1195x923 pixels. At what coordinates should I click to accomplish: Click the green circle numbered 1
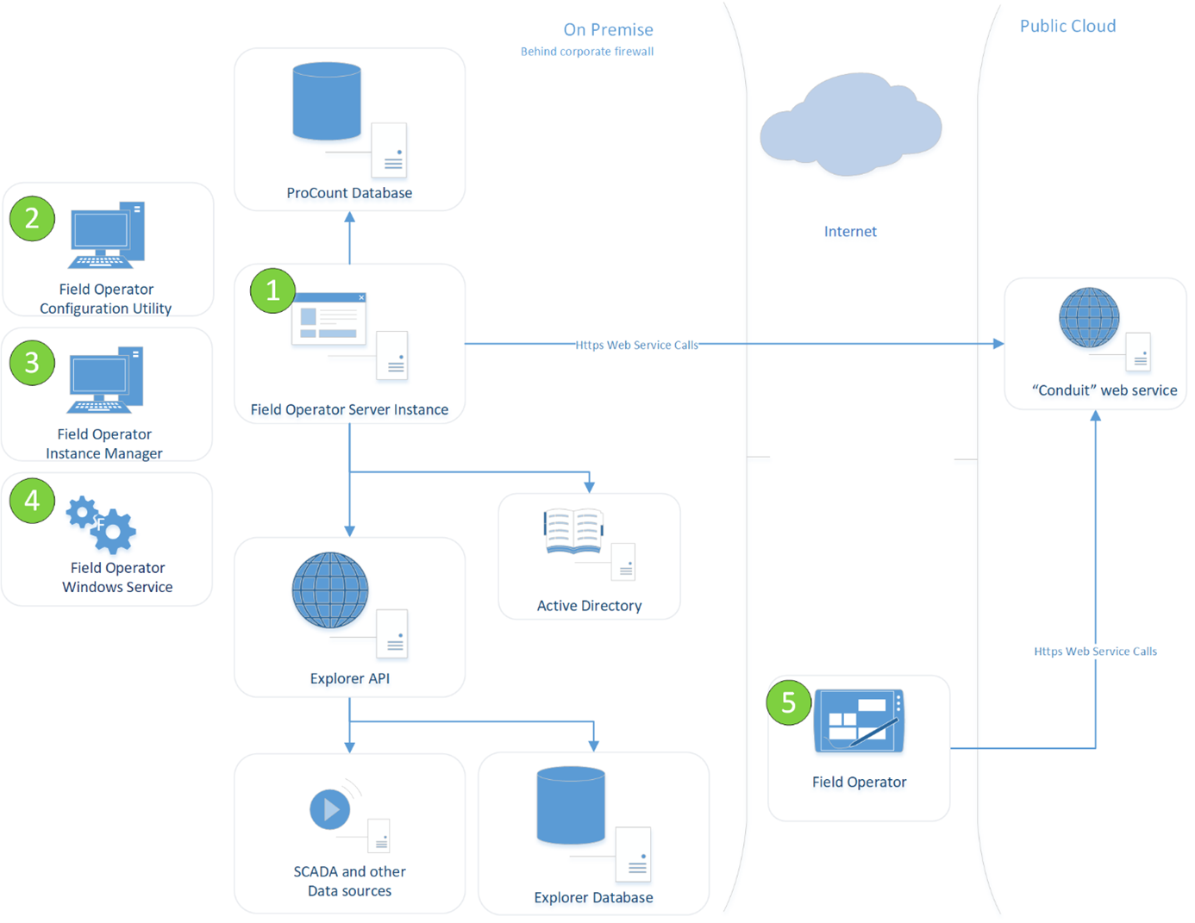click(272, 290)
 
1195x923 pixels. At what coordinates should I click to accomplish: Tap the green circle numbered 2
click(32, 218)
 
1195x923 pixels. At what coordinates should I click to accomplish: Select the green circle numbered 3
click(32, 363)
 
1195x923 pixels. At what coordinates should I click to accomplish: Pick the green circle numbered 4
click(32, 500)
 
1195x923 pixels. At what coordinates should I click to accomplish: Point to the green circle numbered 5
click(788, 702)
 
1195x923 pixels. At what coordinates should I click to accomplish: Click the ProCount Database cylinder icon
click(327, 101)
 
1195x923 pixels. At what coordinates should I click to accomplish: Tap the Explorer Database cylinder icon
click(571, 805)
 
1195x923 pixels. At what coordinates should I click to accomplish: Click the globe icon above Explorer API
click(330, 590)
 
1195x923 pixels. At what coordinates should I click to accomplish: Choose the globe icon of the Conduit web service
click(1089, 318)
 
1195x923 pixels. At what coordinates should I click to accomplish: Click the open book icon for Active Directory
click(573, 531)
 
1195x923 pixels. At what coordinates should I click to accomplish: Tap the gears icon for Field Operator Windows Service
click(103, 523)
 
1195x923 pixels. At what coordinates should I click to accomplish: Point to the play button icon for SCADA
click(330, 809)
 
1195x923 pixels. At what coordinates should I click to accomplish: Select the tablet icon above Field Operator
click(859, 720)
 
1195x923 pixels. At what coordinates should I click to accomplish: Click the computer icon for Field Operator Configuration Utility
click(106, 235)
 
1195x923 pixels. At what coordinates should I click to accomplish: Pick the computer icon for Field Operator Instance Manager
click(105, 380)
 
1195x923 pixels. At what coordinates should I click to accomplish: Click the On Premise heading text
click(608, 29)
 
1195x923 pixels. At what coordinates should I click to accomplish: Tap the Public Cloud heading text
click(1067, 26)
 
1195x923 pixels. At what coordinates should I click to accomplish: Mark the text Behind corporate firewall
click(587, 52)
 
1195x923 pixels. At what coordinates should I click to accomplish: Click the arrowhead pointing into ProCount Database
click(350, 218)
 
